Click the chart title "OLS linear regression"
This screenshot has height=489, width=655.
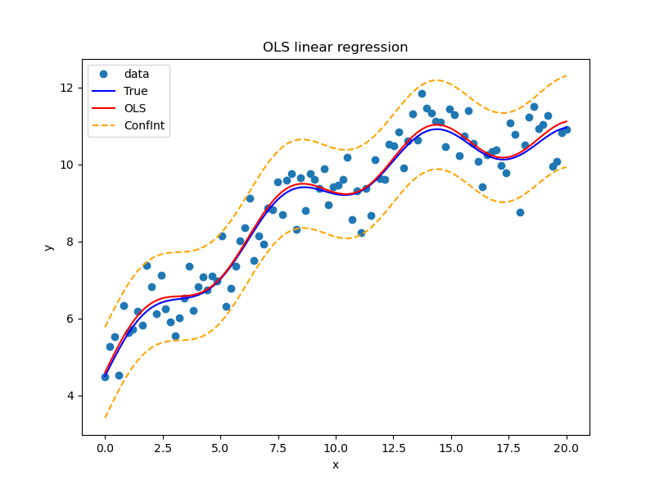pos(335,48)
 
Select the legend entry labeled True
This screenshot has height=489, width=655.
pos(136,91)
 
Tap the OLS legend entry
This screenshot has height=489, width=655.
pos(135,108)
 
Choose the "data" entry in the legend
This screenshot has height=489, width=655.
pos(137,74)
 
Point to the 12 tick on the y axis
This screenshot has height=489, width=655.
pos(69,88)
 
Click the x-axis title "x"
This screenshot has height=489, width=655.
pos(335,464)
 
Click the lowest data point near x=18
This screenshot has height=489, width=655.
pos(520,212)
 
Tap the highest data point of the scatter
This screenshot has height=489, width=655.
pos(422,93)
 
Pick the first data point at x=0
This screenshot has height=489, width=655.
pos(105,377)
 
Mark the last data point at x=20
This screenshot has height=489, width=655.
pos(567,129)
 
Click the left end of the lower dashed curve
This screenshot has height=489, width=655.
pos(105,419)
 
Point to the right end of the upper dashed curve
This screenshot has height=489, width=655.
pos(567,76)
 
